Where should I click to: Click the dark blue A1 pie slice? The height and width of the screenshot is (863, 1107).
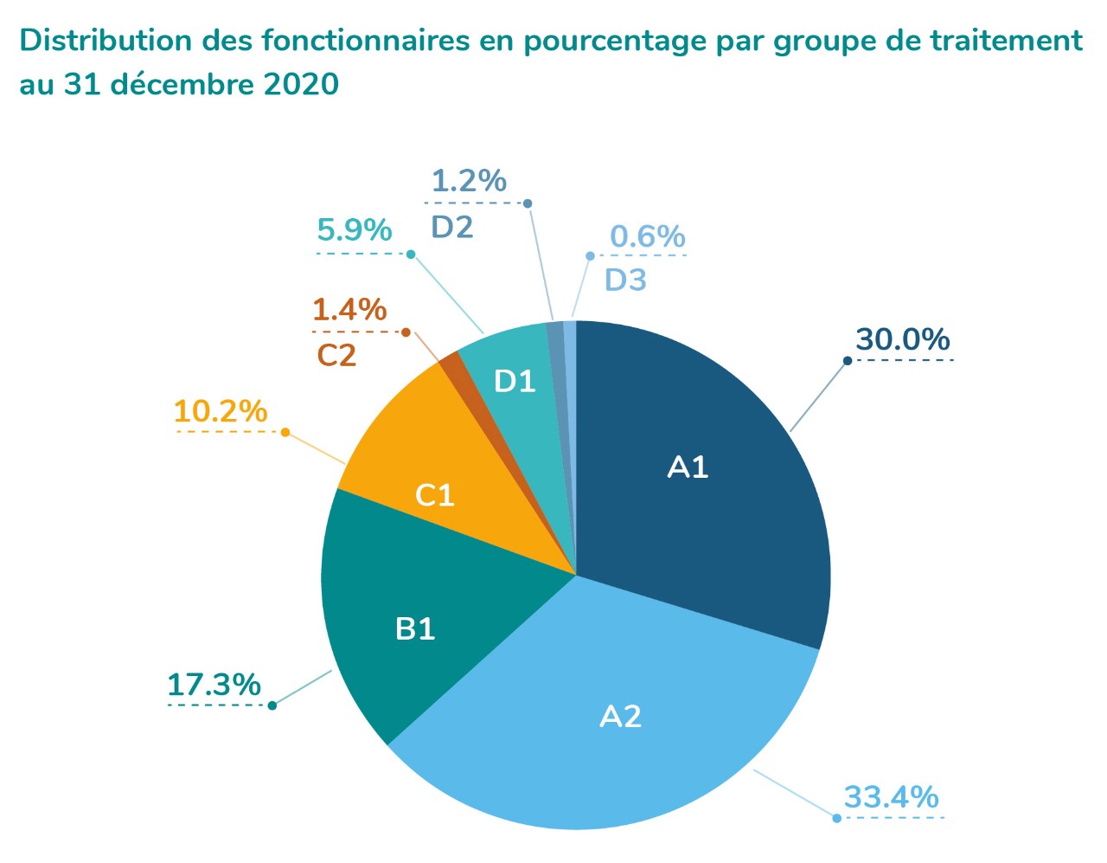692,485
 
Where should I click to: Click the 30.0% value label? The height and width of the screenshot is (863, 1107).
902,339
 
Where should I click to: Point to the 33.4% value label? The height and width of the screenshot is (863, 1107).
891,796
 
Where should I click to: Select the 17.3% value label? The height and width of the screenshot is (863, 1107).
214,685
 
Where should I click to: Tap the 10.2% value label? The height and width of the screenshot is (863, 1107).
221,411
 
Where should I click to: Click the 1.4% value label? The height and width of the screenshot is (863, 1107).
349,309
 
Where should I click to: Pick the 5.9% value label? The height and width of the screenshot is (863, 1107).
355,230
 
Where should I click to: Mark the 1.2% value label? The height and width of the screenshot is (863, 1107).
469,181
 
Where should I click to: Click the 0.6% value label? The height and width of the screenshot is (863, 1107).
647,236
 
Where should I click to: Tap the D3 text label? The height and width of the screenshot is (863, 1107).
625,280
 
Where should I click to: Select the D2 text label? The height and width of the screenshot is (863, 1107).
452,227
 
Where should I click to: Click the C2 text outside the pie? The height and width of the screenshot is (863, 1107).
336,355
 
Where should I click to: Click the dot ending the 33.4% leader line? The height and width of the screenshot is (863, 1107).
836,818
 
